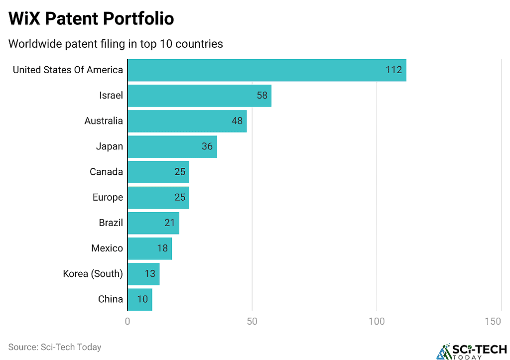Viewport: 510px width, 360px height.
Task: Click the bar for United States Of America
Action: (266, 70)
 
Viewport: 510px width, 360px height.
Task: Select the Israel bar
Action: (199, 96)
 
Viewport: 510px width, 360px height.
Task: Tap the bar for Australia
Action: (187, 121)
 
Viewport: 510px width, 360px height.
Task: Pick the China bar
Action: (139, 299)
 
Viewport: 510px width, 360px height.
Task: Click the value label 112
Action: (393, 70)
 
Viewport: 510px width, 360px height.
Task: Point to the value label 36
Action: (207, 146)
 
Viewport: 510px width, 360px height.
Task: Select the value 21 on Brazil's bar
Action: (169, 223)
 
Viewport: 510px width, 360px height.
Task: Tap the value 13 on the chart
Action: (149, 274)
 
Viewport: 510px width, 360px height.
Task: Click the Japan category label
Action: (109, 146)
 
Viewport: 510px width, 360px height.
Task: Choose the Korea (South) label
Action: (93, 274)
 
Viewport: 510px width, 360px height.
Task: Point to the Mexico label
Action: (107, 248)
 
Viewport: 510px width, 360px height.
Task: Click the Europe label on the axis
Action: (108, 197)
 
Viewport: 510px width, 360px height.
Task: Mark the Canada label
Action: (106, 172)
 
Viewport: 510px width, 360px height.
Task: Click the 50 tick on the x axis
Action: (252, 322)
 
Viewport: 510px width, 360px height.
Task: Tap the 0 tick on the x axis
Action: (127, 322)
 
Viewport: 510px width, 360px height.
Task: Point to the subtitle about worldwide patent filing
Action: (116, 44)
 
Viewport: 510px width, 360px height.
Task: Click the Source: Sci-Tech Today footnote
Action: (55, 347)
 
